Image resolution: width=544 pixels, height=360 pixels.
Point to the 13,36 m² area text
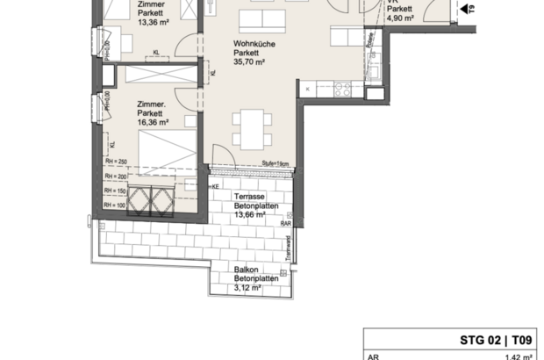point(154,24)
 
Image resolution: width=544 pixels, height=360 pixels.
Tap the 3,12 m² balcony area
point(247,288)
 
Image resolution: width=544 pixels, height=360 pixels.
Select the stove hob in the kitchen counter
point(341,88)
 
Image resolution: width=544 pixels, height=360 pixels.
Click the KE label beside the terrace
point(214,187)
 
